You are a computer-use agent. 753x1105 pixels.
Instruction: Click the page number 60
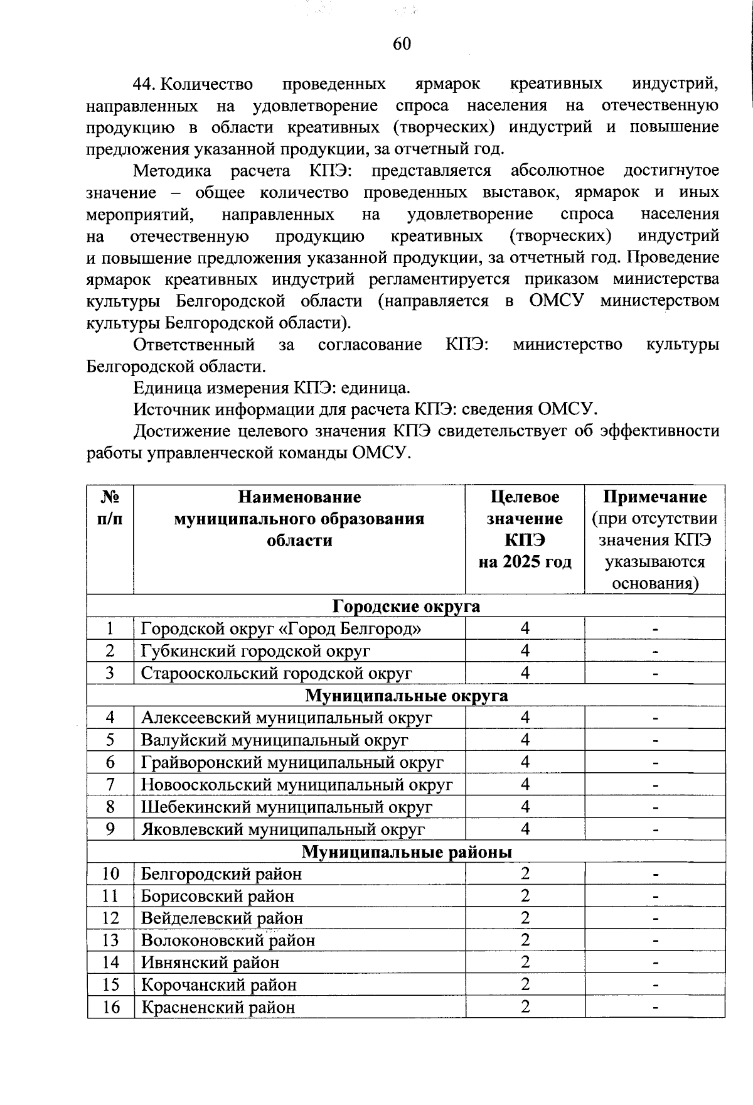402,43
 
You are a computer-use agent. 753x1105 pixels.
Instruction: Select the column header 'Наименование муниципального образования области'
299,519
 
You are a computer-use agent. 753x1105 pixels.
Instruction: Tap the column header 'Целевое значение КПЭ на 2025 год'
525,529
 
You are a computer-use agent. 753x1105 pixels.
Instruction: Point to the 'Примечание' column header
654,497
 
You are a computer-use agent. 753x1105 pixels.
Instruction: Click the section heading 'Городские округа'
406,606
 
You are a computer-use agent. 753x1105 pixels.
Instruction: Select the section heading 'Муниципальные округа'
406,696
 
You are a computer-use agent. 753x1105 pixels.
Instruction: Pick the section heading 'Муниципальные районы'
406,852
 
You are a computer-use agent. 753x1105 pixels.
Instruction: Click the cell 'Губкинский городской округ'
255,651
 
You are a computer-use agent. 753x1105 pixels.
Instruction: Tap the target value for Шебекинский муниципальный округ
525,807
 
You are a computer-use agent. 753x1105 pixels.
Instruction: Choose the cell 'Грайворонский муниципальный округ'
292,762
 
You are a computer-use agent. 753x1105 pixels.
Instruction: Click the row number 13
110,941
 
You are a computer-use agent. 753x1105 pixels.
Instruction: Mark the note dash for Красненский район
655,1008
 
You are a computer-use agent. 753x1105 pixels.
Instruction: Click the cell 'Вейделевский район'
222,919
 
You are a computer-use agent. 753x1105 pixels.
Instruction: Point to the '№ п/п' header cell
110,507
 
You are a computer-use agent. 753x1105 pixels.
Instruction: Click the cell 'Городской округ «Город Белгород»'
280,628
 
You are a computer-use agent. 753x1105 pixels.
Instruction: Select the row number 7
110,785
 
